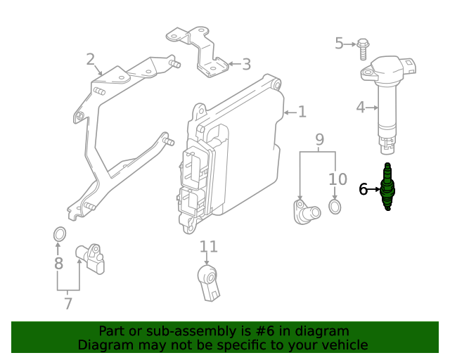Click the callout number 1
point(302,112)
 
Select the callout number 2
point(90,59)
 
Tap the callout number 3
point(245,65)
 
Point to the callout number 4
point(360,108)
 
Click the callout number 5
point(339,44)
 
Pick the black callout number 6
point(364,188)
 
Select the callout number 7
point(67,304)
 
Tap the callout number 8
point(58,264)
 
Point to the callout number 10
point(337,180)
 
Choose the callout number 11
point(209,247)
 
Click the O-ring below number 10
point(335,207)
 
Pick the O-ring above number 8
point(60,233)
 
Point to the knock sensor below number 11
point(209,280)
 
